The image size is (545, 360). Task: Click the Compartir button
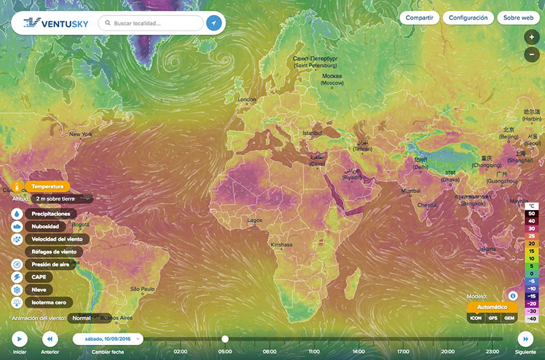[x=419, y=18]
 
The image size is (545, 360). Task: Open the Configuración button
[x=468, y=18]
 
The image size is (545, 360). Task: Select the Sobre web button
[x=517, y=18]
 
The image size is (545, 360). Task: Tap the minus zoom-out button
[x=531, y=55]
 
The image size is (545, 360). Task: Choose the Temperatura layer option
[x=47, y=186]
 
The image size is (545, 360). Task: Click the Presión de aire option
[x=50, y=264]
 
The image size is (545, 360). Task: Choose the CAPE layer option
[x=37, y=277]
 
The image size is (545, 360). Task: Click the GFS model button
[x=491, y=318]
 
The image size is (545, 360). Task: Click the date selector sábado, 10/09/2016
[x=108, y=338]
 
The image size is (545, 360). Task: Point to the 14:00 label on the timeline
[x=358, y=352]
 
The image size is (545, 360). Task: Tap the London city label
[x=246, y=100]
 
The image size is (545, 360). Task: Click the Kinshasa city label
[x=281, y=244]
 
